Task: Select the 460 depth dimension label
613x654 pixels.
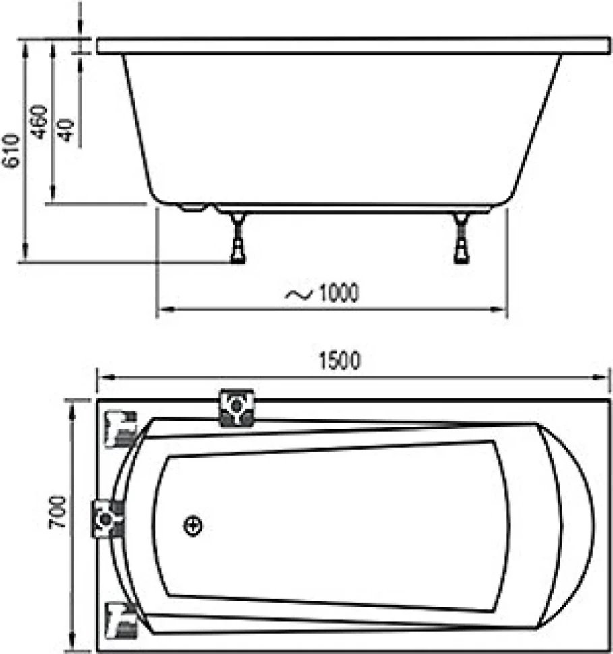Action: (x=40, y=121)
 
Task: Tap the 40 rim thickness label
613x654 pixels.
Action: (x=65, y=129)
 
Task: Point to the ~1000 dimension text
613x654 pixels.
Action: (x=322, y=293)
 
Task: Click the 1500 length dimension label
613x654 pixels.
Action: (x=340, y=361)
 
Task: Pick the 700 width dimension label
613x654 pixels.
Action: (x=57, y=512)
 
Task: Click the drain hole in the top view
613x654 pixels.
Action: (x=193, y=526)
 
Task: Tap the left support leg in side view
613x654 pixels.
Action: (x=238, y=238)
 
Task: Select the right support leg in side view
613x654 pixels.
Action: (x=461, y=238)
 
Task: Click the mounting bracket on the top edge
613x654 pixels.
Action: (x=237, y=407)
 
